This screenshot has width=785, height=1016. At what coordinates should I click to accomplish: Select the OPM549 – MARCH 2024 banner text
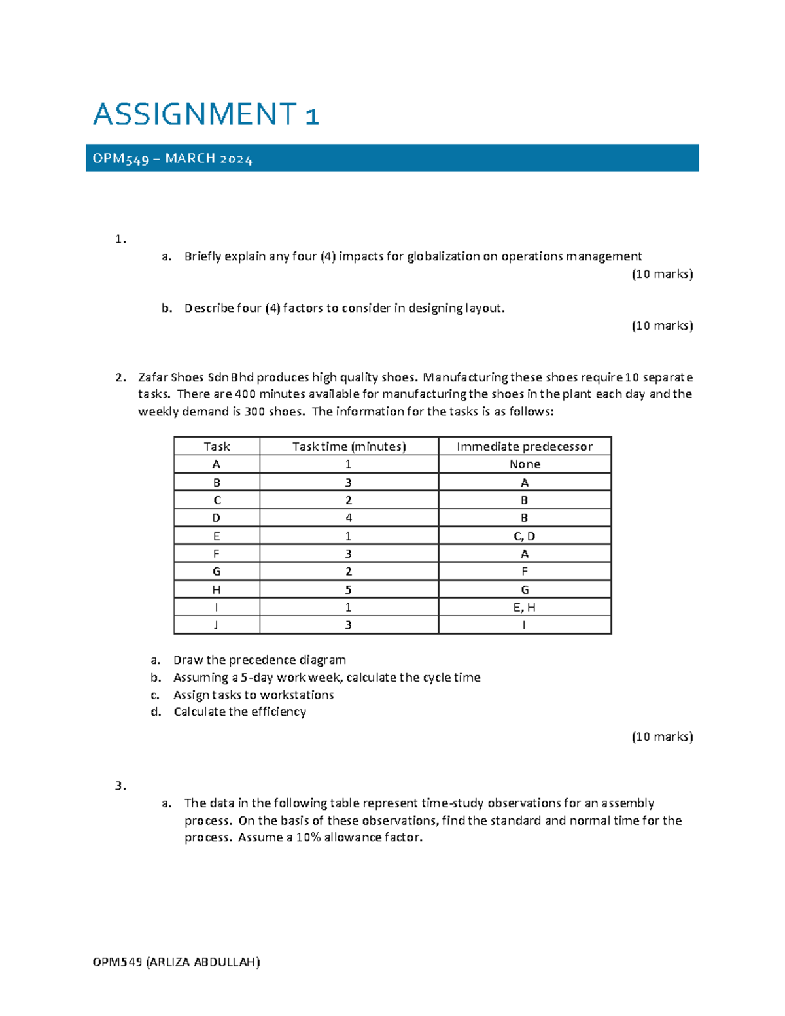(x=172, y=159)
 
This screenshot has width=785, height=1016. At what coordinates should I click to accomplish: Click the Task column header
(x=217, y=446)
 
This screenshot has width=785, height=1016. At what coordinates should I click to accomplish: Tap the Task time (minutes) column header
(x=349, y=446)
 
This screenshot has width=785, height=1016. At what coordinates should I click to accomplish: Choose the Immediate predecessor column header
(x=525, y=446)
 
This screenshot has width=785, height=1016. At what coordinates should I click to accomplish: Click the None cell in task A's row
(x=525, y=464)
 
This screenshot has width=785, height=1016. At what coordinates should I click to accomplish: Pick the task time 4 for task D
(x=349, y=518)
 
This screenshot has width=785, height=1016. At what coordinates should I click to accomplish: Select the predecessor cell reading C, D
(x=525, y=536)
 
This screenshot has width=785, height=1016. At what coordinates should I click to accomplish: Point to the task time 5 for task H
(x=349, y=589)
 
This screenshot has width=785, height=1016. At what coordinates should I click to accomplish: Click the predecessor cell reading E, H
(x=525, y=607)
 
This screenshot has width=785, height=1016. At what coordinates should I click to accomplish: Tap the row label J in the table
(x=217, y=625)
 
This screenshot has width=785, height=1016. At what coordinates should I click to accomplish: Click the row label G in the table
(x=217, y=572)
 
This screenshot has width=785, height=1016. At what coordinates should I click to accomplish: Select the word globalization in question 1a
(x=443, y=256)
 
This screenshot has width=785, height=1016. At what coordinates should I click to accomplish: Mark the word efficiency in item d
(x=279, y=712)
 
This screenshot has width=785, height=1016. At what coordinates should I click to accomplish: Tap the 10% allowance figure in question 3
(x=308, y=838)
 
